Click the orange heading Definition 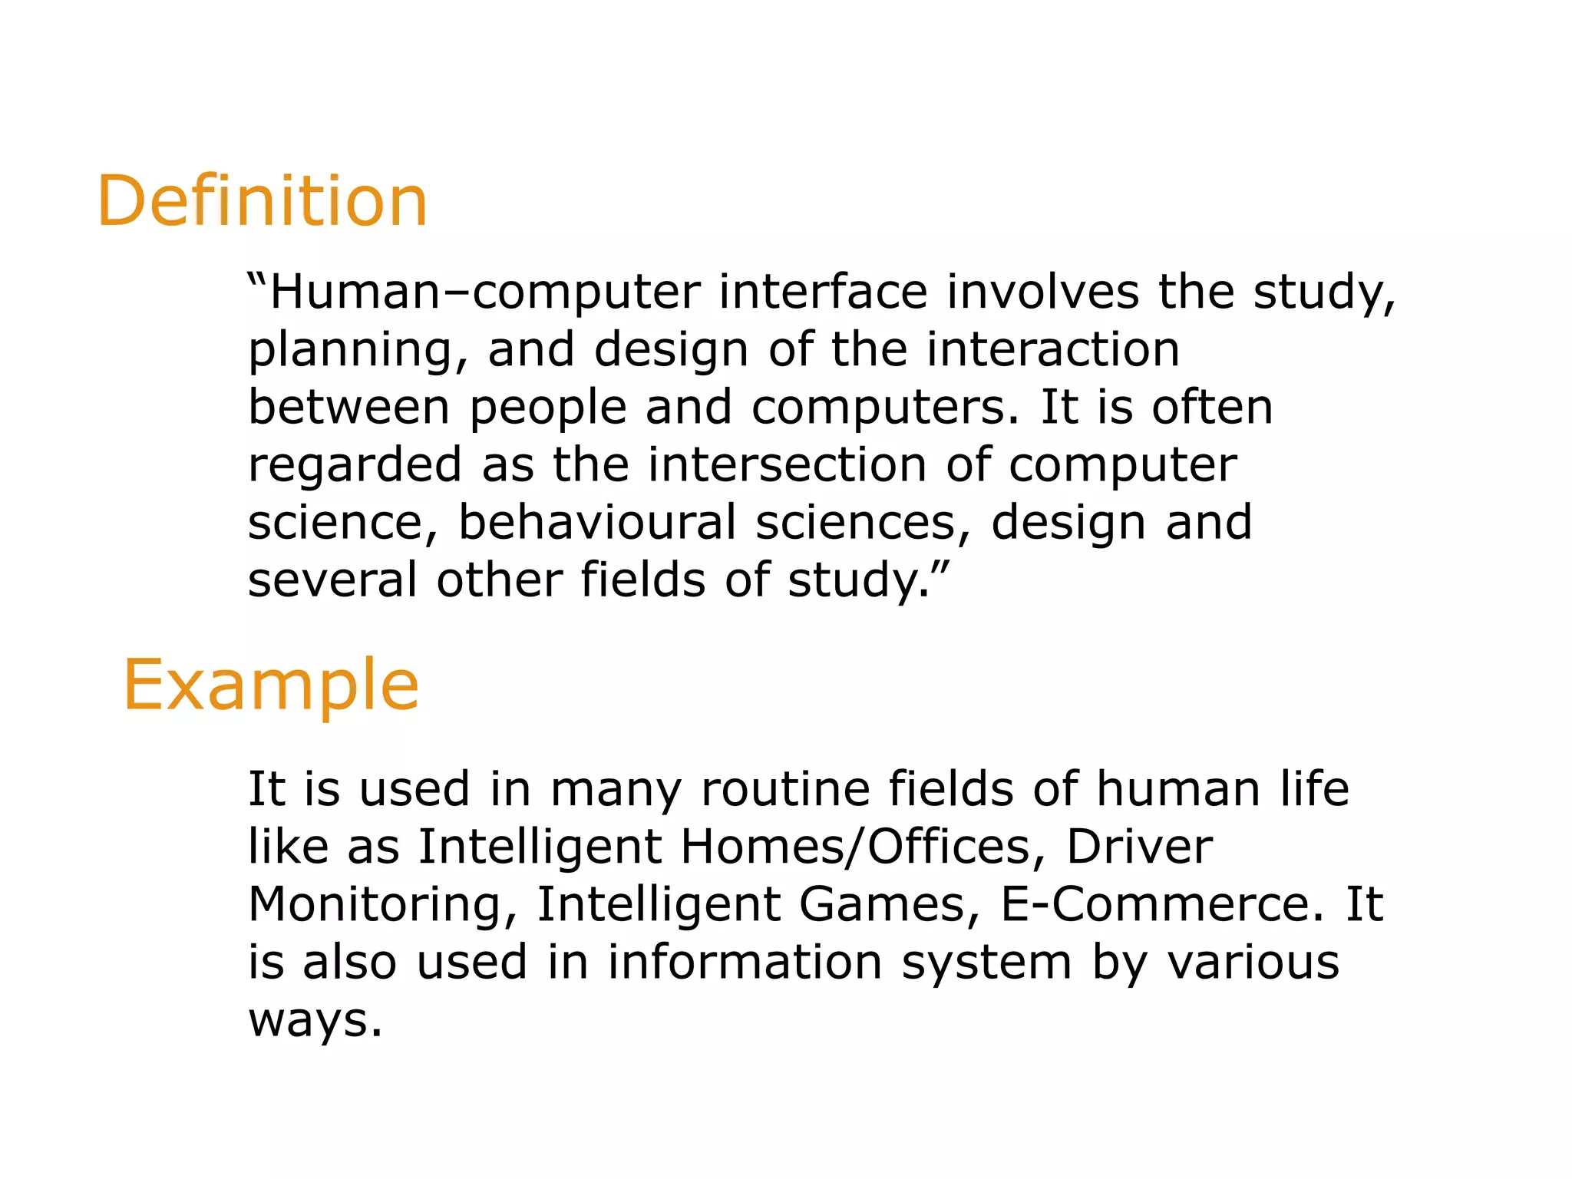(x=262, y=201)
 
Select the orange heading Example (x=271, y=685)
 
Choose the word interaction (x=1052, y=349)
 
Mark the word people (x=548, y=408)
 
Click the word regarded (x=355, y=466)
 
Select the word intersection (x=787, y=465)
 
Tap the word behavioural (x=597, y=522)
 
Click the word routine (x=785, y=789)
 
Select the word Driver (x=1139, y=847)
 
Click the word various (x=1253, y=962)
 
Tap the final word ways (x=315, y=1020)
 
